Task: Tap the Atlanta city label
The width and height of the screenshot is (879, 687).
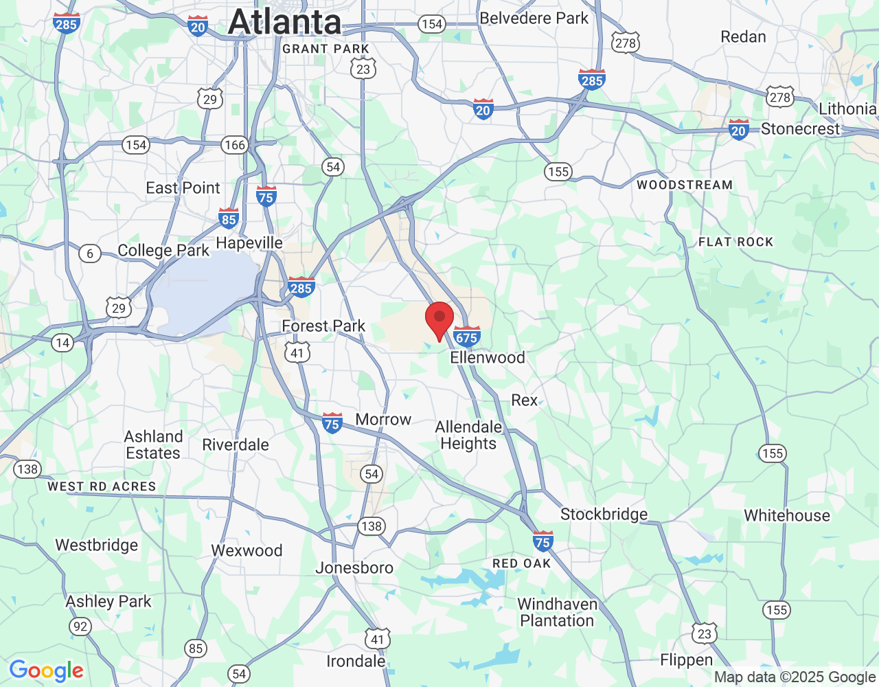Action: (x=285, y=22)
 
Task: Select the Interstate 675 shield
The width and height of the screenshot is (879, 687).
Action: (x=466, y=336)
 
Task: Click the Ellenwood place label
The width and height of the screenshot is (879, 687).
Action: (x=488, y=357)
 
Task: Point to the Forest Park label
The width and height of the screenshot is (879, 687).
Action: (x=323, y=326)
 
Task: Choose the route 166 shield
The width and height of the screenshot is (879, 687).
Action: (x=235, y=145)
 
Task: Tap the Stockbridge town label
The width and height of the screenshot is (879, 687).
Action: (x=604, y=514)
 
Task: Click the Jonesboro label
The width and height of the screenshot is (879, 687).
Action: (x=354, y=567)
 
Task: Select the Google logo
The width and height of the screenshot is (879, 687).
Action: (x=47, y=671)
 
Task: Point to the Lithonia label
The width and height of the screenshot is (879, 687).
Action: (x=847, y=109)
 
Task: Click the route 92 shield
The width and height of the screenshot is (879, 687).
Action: (x=80, y=626)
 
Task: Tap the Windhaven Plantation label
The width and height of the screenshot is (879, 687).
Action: (x=557, y=612)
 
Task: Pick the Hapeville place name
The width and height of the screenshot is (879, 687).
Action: (x=249, y=243)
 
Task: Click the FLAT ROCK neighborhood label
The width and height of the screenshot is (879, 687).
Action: (x=735, y=242)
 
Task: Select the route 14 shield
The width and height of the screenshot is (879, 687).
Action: (x=62, y=342)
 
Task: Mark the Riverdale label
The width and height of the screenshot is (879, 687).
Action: (x=236, y=444)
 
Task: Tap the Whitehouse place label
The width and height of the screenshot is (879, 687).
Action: (x=787, y=515)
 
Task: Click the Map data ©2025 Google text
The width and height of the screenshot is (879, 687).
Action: (x=795, y=677)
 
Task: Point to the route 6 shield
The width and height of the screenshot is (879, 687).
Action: (x=90, y=254)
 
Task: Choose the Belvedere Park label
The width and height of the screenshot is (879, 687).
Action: (x=534, y=18)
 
